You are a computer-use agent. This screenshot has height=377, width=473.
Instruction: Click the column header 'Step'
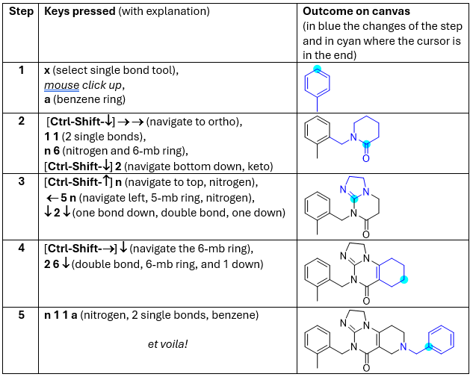tap(22, 12)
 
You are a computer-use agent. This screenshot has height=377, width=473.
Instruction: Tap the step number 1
tap(22, 69)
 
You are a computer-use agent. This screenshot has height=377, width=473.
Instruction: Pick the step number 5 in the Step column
tap(22, 315)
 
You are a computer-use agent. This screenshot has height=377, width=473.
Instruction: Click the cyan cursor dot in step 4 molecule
tap(404, 280)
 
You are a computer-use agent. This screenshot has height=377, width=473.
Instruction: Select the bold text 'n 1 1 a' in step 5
tap(63, 315)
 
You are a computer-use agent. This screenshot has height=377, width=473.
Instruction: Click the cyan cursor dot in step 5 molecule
tap(429, 347)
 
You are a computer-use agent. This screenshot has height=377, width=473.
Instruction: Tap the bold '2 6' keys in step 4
tap(52, 263)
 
